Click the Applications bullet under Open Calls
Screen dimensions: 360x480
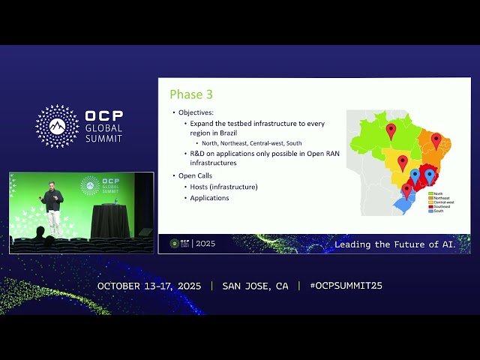click(x=210, y=198)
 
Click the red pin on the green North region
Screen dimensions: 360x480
click(x=391, y=130)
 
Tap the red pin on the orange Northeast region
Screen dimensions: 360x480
click(x=436, y=139)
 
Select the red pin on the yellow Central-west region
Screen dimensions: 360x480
click(x=403, y=162)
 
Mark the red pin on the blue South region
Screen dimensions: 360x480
click(x=406, y=190)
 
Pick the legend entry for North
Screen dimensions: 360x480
click(x=437, y=193)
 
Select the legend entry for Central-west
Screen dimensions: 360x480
click(x=441, y=202)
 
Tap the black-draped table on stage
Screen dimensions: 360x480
click(x=109, y=220)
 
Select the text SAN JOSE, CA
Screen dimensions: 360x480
click(x=255, y=286)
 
